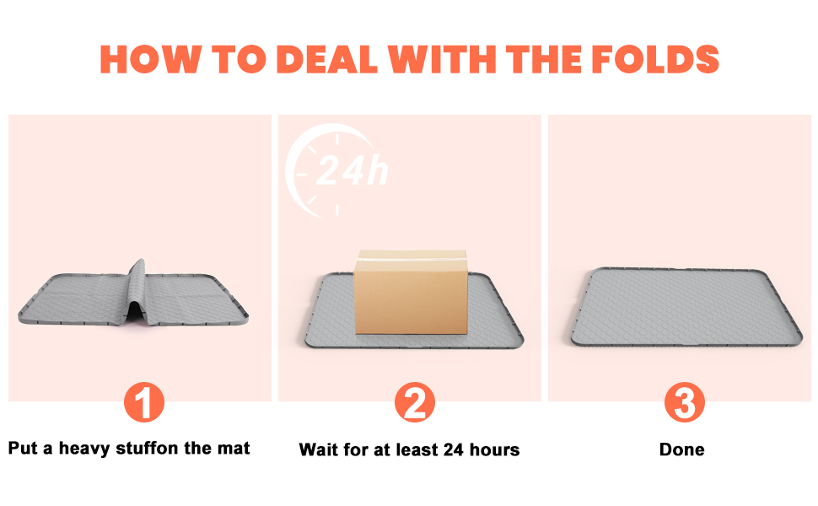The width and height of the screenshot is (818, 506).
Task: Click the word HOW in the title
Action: tap(150, 59)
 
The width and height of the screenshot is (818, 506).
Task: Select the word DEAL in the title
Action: tap(326, 59)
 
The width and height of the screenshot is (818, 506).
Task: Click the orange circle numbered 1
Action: tap(144, 402)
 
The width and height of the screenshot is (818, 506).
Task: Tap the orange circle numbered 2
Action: tap(415, 402)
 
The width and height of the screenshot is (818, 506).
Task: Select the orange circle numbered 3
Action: tap(685, 402)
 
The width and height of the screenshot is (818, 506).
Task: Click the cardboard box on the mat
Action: tap(411, 292)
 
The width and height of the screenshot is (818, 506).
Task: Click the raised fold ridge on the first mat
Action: tap(137, 289)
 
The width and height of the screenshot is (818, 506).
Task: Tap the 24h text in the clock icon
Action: tap(352, 170)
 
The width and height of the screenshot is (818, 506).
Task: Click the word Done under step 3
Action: tap(682, 449)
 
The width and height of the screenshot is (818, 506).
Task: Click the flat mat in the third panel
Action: tap(686, 308)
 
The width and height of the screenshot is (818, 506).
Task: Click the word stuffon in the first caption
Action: tap(147, 448)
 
